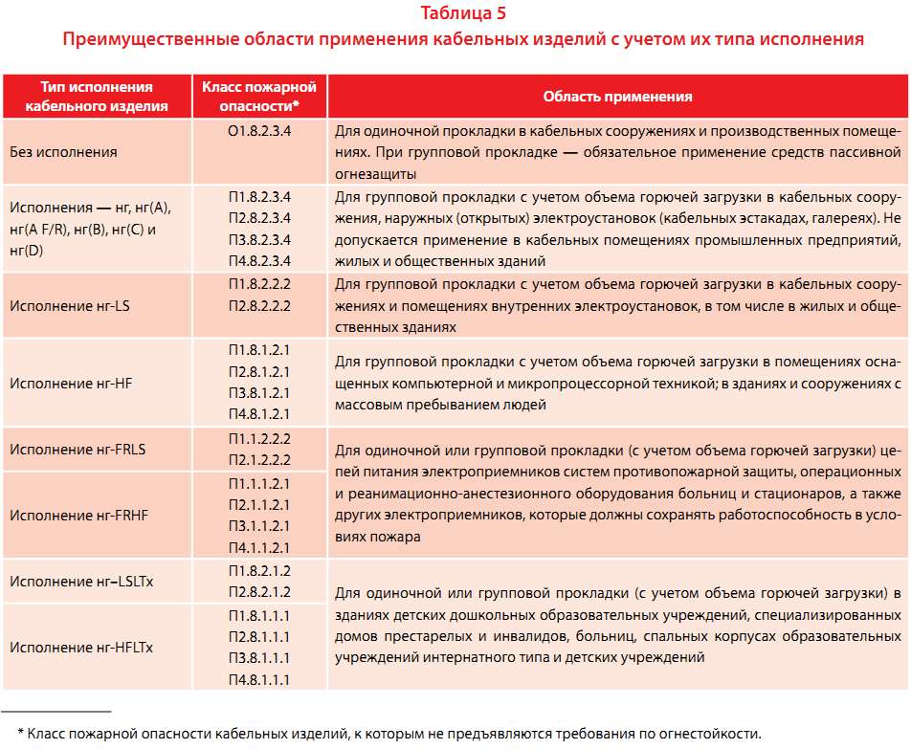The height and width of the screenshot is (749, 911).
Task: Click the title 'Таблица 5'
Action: (x=463, y=13)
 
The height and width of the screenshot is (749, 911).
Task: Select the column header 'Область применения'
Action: (x=617, y=97)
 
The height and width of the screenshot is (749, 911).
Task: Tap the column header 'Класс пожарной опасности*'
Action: (x=259, y=97)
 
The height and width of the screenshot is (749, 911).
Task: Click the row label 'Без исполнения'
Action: (x=64, y=152)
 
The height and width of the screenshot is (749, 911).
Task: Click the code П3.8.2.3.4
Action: (x=259, y=239)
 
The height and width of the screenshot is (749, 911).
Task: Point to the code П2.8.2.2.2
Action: (x=259, y=306)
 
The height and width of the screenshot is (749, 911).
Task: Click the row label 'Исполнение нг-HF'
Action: (x=71, y=383)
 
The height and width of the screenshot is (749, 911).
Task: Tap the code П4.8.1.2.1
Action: (x=259, y=414)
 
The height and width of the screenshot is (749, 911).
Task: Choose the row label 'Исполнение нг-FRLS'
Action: (x=78, y=449)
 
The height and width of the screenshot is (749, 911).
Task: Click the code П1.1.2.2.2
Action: (x=259, y=438)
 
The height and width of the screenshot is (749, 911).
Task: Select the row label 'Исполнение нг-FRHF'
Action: (x=79, y=515)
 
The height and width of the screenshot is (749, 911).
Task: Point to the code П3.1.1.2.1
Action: (x=259, y=525)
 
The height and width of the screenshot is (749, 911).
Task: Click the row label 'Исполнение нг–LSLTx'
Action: (x=81, y=581)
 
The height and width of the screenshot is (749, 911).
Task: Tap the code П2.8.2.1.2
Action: (x=259, y=591)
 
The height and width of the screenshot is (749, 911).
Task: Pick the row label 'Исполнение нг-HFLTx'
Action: (x=81, y=648)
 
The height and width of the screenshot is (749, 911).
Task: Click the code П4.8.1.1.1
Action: (x=259, y=680)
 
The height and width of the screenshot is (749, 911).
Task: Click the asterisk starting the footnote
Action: (x=21, y=735)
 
